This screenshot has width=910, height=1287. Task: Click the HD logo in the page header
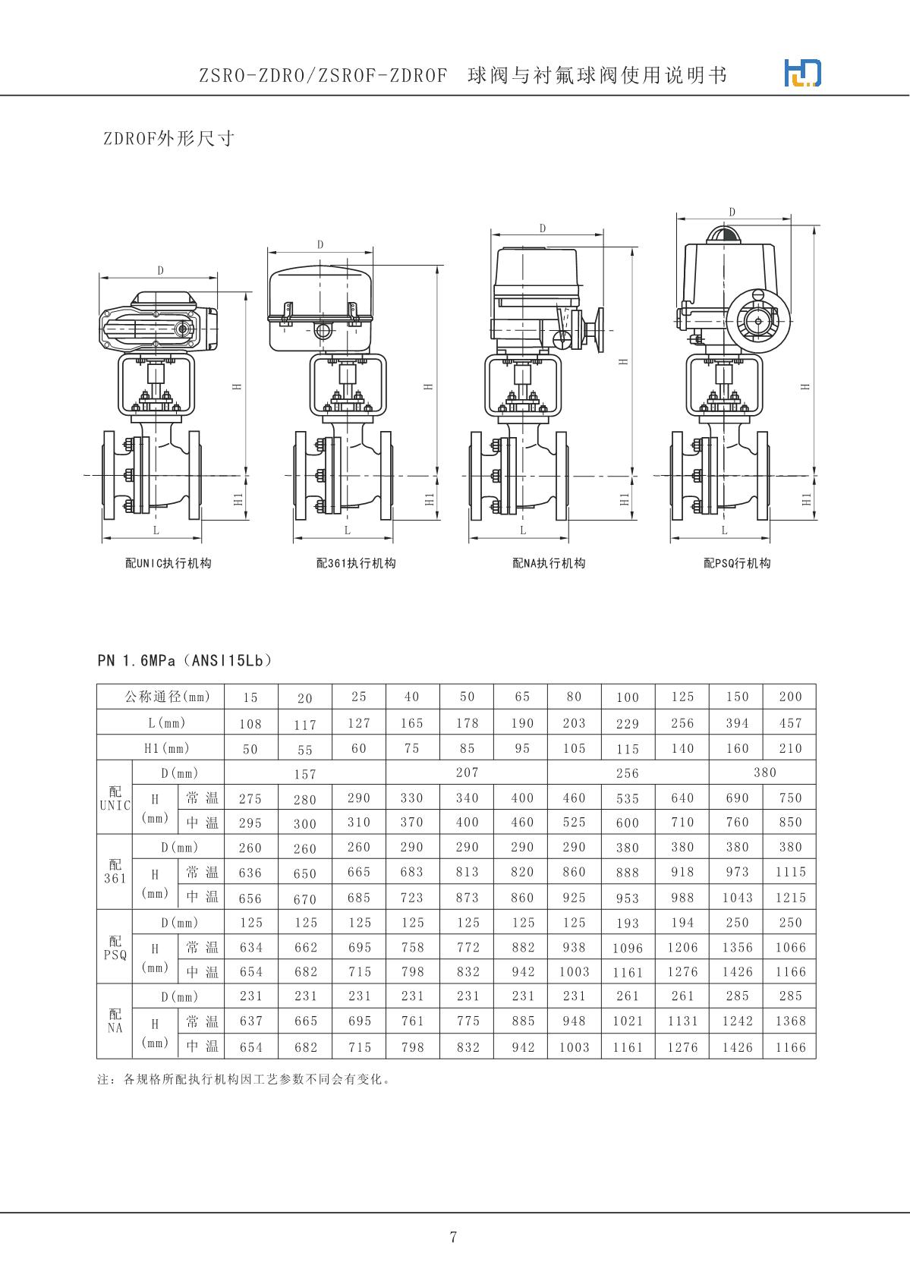(x=802, y=73)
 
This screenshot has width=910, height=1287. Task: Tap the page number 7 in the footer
(x=453, y=1237)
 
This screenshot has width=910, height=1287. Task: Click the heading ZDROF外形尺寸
(x=168, y=138)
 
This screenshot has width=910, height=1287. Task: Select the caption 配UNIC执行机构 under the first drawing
(x=168, y=563)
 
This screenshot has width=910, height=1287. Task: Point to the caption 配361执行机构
(x=356, y=563)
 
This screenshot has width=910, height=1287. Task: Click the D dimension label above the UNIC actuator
(x=160, y=271)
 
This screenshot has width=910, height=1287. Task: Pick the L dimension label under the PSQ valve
(x=724, y=530)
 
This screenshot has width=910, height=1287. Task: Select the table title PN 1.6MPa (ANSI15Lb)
(x=184, y=660)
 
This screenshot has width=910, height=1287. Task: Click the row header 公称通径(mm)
(x=161, y=697)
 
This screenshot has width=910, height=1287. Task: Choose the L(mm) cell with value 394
(x=737, y=722)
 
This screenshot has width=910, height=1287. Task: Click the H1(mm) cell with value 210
(x=790, y=748)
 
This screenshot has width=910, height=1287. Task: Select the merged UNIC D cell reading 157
(x=305, y=773)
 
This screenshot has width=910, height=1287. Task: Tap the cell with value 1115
(x=790, y=872)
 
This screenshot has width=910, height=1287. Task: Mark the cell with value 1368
(x=790, y=1021)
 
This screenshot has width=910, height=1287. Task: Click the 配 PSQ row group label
(x=115, y=947)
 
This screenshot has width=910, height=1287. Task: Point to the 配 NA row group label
(x=115, y=1021)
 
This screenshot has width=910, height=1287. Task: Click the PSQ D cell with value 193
(x=628, y=923)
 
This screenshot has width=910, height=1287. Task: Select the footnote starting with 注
(x=244, y=1078)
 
